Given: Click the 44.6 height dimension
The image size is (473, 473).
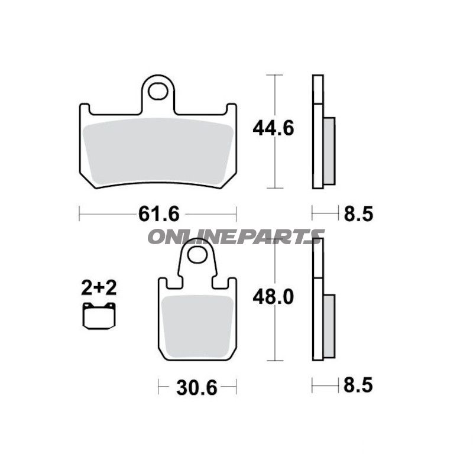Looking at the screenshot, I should (273, 128).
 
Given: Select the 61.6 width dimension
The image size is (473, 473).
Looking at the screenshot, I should (158, 213).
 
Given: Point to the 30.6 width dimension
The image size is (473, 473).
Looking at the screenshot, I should (197, 388).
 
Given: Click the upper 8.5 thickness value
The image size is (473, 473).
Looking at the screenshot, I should (358, 213).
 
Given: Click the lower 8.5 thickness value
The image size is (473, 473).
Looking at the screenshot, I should (358, 386).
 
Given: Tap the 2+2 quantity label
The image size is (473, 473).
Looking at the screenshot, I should (99, 288).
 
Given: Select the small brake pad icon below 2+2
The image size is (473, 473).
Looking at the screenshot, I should (99, 317).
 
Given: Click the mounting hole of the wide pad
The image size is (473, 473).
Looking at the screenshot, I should (158, 91).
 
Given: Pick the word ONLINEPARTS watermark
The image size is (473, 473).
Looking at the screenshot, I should (235, 237).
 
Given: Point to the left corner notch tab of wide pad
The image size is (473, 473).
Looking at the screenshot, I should (84, 109).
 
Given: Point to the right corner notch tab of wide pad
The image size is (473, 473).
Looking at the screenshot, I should (232, 109).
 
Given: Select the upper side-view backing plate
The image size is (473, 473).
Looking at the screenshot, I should (318, 131).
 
